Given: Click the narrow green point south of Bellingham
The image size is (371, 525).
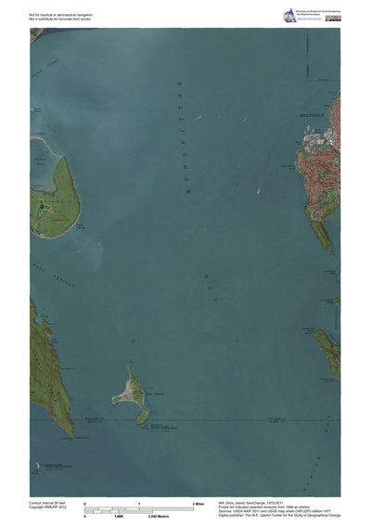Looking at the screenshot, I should click(323, 237).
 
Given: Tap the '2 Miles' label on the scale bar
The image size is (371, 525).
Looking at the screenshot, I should click(198, 503).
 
